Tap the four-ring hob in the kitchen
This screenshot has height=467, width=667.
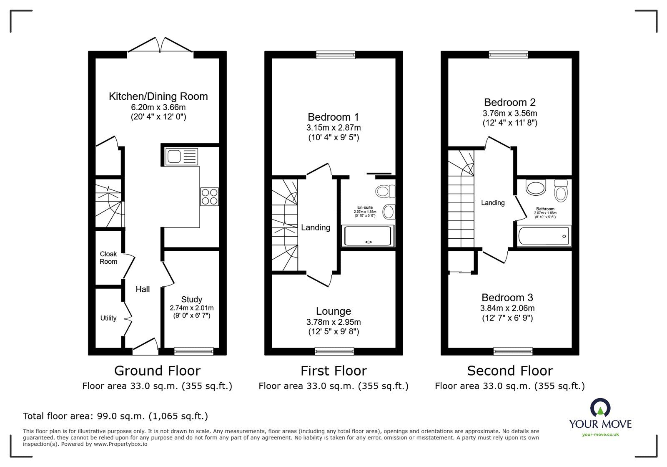point(209,197)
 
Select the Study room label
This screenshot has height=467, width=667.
point(192,299)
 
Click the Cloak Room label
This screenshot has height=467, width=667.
point(108,257)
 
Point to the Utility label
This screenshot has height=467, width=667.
point(108,318)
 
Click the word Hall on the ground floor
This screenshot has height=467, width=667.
point(143,289)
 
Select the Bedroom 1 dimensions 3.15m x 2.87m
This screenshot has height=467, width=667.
point(333,127)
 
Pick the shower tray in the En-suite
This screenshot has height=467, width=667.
point(368,236)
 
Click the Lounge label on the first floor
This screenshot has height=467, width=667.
point(333,311)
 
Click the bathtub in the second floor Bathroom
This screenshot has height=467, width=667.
point(544,236)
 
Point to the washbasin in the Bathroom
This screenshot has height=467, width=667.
point(536,187)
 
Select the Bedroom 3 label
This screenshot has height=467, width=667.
point(507,298)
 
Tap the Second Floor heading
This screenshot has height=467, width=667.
point(510,371)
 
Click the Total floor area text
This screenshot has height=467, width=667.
point(115,416)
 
